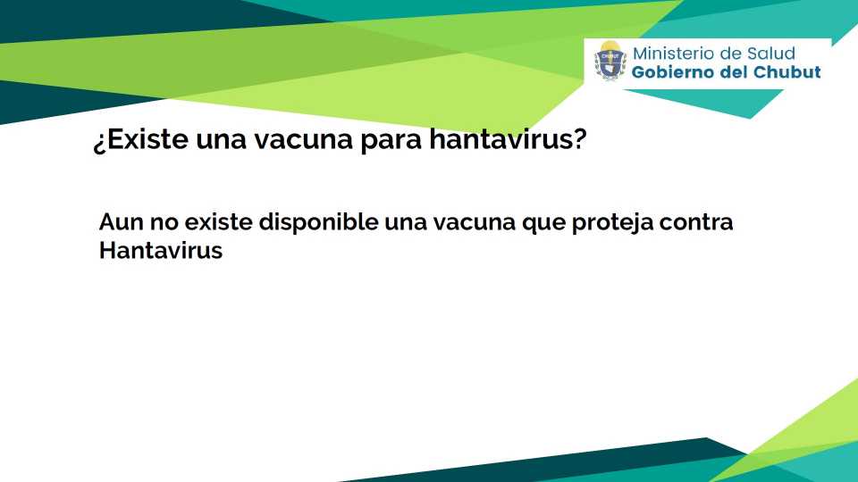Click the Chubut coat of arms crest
[610, 61]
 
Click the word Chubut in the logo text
[787, 72]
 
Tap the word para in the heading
[391, 142]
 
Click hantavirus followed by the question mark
[508, 139]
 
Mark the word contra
[696, 223]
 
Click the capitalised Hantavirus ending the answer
[161, 250]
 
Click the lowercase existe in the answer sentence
[218, 222]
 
